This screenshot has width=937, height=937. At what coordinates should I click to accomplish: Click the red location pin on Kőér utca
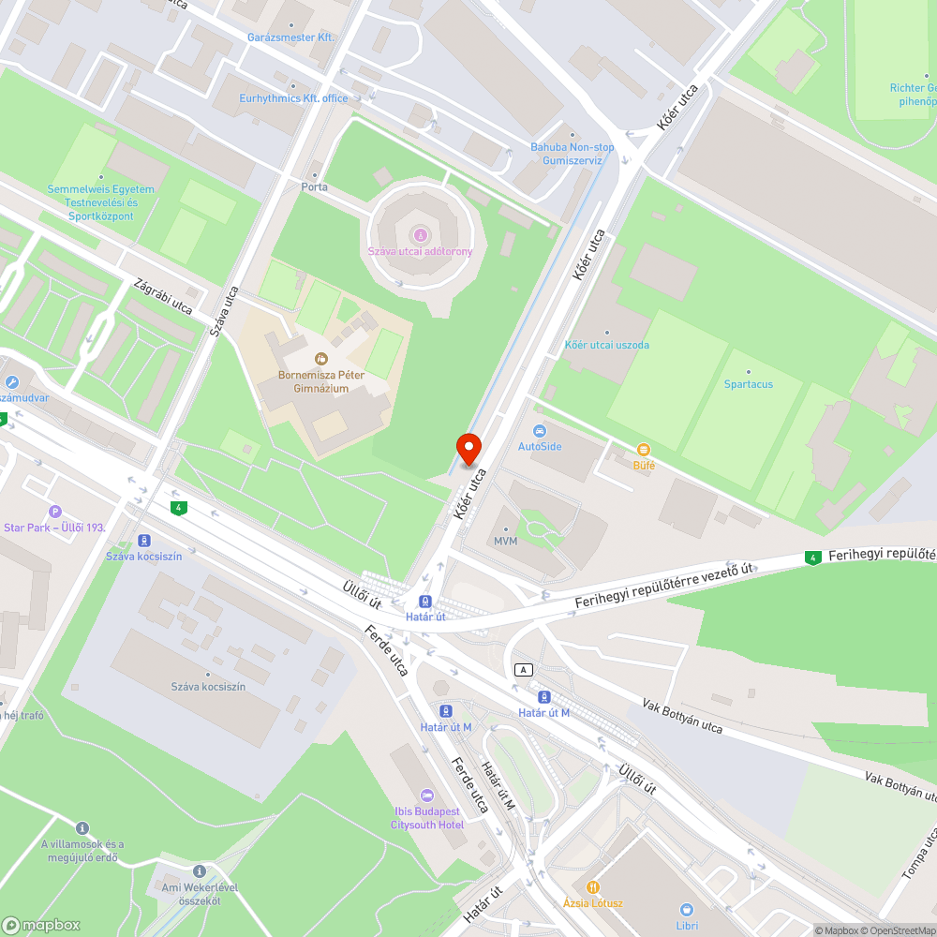click(x=468, y=449)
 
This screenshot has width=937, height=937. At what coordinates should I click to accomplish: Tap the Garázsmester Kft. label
click(x=290, y=37)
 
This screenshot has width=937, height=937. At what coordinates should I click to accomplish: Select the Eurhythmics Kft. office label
click(x=293, y=98)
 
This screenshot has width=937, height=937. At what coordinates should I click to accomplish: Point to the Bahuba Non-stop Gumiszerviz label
click(x=573, y=154)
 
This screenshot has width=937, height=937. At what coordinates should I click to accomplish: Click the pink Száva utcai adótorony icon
click(x=420, y=234)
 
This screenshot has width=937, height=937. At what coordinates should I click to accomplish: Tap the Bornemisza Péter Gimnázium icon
click(x=321, y=358)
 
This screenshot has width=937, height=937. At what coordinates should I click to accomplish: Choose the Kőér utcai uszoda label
click(x=606, y=345)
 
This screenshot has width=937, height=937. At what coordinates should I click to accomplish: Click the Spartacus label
click(x=749, y=384)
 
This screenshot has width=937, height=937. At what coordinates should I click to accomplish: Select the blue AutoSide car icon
click(x=540, y=431)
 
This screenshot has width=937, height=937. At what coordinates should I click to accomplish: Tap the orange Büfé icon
click(x=643, y=450)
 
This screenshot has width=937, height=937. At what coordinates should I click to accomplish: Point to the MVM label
click(x=506, y=542)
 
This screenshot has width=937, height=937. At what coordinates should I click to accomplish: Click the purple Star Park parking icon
click(x=55, y=512)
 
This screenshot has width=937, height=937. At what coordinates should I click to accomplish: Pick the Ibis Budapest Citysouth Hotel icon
click(x=427, y=795)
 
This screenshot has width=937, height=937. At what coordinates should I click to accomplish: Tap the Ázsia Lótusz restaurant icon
click(x=592, y=886)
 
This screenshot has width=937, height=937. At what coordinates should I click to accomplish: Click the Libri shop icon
click(x=686, y=909)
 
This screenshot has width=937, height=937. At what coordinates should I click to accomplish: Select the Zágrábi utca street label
click(x=163, y=296)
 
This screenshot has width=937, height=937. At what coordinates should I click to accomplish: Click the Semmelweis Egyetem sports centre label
click(x=101, y=202)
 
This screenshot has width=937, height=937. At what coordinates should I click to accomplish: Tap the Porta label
click(x=315, y=186)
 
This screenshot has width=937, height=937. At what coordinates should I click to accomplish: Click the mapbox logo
click(x=42, y=925)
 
